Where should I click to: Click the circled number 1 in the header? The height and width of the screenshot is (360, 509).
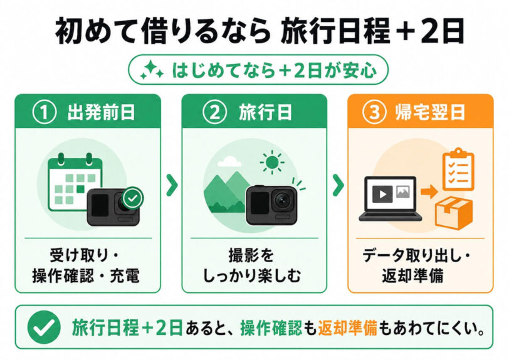coord(44,112)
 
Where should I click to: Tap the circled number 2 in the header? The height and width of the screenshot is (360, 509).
coord(214,112)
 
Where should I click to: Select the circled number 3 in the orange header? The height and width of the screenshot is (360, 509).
coord(374,112)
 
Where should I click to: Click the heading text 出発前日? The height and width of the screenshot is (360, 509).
coord(101,112)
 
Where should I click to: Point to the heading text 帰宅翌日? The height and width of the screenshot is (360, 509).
coord(430,112)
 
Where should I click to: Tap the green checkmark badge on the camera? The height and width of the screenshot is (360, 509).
coord(133,198)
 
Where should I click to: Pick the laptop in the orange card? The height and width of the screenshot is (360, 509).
coord(390,199)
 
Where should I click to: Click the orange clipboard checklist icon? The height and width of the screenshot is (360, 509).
coord(458,169)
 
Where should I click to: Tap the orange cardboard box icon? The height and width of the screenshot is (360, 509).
coord(453,213)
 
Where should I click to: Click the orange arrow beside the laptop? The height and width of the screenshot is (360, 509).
coord(429,192)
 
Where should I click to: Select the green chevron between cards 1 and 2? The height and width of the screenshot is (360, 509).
coord(172,185)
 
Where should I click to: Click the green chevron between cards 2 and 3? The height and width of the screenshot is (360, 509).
coord(338,185)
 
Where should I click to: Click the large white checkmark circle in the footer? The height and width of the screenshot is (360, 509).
coord(44,327)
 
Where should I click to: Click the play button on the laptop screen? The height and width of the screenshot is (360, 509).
coord(382,194)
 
